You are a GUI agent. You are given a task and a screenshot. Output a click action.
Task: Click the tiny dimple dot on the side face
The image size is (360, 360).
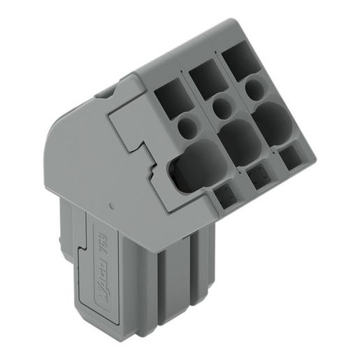click(x=112, y=206)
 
